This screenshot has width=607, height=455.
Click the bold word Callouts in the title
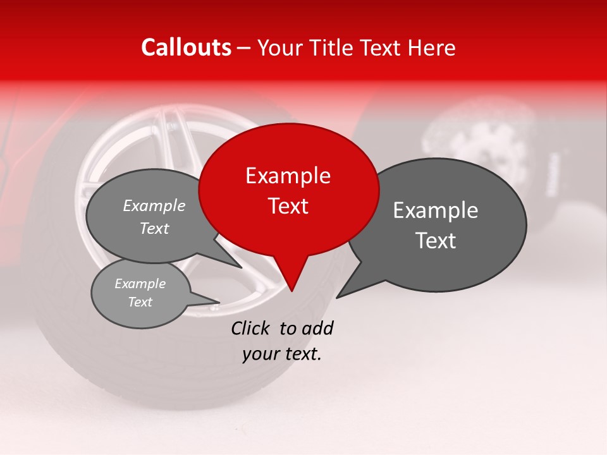[186, 47]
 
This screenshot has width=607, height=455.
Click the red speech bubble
[288, 189]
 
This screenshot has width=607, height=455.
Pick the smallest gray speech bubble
[140, 293]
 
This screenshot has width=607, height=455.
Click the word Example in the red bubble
[288, 176]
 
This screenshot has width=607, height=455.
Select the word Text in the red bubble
[288, 206]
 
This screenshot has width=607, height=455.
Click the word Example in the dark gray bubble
[436, 210]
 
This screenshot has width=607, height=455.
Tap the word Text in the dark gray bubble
[436, 241]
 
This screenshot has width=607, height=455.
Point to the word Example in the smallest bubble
[140, 284]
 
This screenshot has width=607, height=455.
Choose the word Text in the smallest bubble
[140, 302]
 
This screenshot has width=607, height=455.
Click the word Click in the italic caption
[252, 328]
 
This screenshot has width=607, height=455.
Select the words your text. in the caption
[281, 354]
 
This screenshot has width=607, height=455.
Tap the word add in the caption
[318, 328]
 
